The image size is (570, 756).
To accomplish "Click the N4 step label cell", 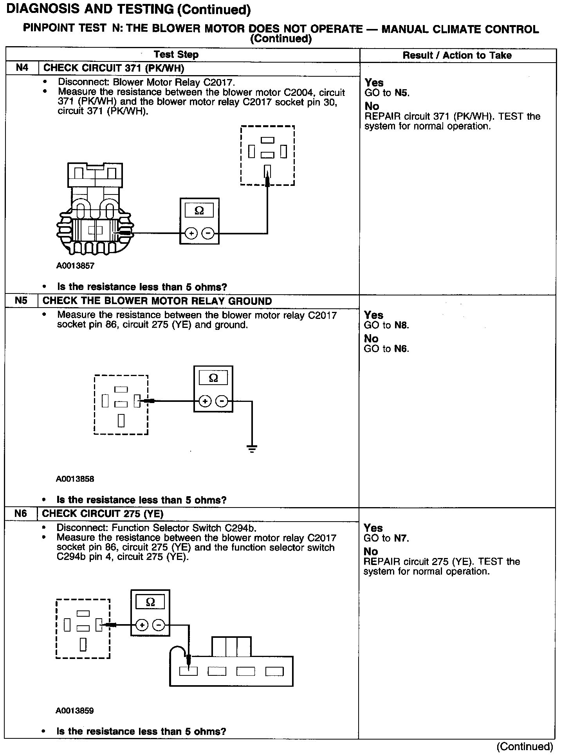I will pyautogui.click(x=22, y=68).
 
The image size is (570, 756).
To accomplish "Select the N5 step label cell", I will pyautogui.click(x=21, y=301).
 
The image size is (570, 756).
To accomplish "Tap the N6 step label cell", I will pyautogui.click(x=21, y=513).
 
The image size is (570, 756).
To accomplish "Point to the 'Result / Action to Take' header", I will pyautogui.click(x=457, y=55).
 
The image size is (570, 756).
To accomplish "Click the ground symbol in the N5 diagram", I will pyautogui.click(x=252, y=448).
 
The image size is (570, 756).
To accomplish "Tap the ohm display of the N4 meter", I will pyautogui.click(x=199, y=211).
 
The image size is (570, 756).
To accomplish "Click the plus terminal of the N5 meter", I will pyautogui.click(x=205, y=401).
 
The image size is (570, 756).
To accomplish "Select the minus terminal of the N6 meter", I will pyautogui.click(x=159, y=625).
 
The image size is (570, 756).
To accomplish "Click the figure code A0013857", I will pyautogui.click(x=75, y=266).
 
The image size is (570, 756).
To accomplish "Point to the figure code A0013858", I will pyautogui.click(x=75, y=479).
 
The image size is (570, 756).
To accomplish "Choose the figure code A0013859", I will pyautogui.click(x=75, y=711).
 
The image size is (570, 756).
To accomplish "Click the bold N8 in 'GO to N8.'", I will pyautogui.click(x=401, y=325).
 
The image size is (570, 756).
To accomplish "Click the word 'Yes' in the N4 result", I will pyautogui.click(x=374, y=83).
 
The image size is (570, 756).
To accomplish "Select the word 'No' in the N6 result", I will pyautogui.click(x=371, y=551).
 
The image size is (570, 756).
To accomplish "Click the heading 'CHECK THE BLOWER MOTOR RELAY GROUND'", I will pyautogui.click(x=157, y=301).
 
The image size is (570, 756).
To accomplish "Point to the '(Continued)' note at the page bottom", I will pyautogui.click(x=525, y=747).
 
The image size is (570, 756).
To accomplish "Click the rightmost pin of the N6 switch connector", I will pyautogui.click(x=274, y=671).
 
